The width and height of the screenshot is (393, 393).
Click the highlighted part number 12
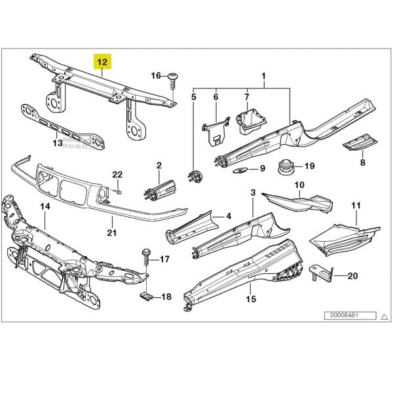(x=103, y=62)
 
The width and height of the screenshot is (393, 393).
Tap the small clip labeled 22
(x=119, y=191)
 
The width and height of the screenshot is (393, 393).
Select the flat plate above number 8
(x=361, y=141)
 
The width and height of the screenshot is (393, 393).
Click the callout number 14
(x=45, y=207)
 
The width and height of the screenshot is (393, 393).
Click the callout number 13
(x=57, y=141)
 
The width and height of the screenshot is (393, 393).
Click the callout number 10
(x=299, y=185)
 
